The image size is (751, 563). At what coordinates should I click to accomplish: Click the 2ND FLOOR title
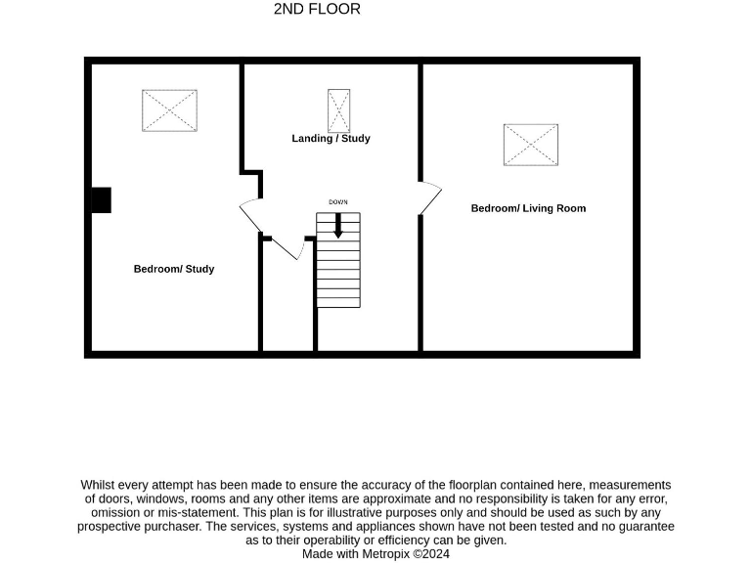(x=317, y=9)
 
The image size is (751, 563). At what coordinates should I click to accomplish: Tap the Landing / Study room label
(x=331, y=139)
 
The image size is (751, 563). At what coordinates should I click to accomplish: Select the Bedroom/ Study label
(x=174, y=269)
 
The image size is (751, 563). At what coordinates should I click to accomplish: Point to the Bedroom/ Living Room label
(x=528, y=208)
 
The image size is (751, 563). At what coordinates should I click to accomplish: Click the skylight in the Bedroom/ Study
(x=170, y=110)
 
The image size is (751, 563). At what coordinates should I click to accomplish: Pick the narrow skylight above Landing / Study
(x=339, y=110)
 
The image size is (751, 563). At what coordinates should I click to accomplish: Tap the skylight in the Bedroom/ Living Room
(x=531, y=146)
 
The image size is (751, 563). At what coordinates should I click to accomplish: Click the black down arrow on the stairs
(x=338, y=226)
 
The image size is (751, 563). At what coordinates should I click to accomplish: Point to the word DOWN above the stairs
(x=338, y=202)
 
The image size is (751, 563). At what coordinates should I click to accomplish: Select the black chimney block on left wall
(x=101, y=199)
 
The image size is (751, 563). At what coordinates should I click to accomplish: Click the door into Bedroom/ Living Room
(x=428, y=198)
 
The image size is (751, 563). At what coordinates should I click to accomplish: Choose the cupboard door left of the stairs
(x=287, y=248)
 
